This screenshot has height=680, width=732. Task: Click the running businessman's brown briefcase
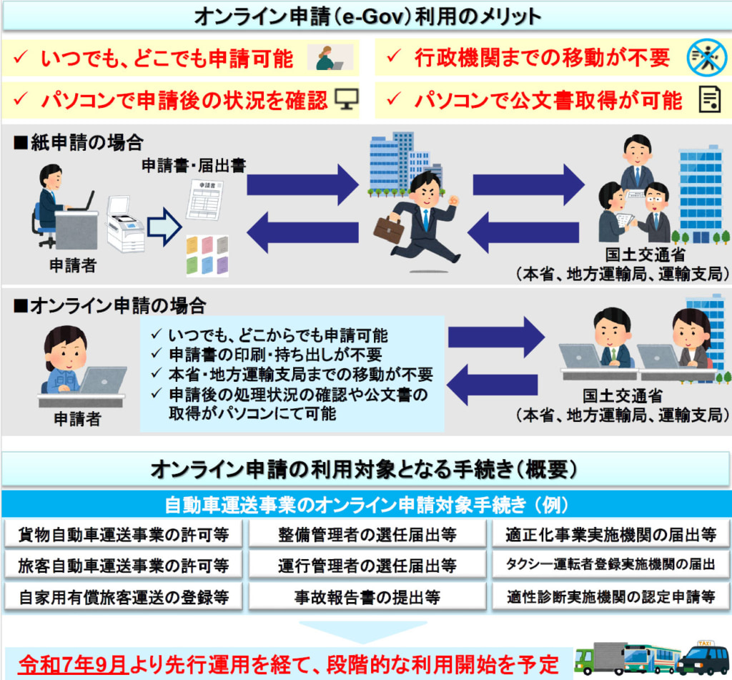pyautogui.click(x=389, y=229)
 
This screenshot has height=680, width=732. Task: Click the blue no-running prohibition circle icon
pyautogui.click(x=706, y=58)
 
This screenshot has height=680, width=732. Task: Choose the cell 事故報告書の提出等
pyautogui.click(x=367, y=597)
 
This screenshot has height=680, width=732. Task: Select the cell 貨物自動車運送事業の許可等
pyautogui.click(x=123, y=533)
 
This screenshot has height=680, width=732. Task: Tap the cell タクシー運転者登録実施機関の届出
pyautogui.click(x=609, y=565)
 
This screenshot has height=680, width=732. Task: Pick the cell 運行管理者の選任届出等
pyautogui.click(x=367, y=566)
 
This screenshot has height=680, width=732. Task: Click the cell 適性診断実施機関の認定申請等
pyautogui.click(x=609, y=597)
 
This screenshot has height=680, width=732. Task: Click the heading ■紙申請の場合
pyautogui.click(x=77, y=142)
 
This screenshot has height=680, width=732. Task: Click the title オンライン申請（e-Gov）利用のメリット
pyautogui.click(x=366, y=16)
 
